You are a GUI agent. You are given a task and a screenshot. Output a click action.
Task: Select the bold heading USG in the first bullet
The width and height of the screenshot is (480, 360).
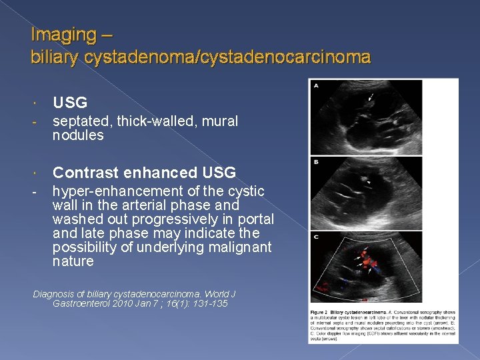coord(70,102)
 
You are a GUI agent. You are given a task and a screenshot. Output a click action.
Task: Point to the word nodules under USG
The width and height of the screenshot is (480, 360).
coord(78,135)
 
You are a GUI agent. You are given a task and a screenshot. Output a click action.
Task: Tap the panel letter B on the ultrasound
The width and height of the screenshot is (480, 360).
coord(315,161)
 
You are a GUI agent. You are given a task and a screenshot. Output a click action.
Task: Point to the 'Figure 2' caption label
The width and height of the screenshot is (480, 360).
coord(321,311)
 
